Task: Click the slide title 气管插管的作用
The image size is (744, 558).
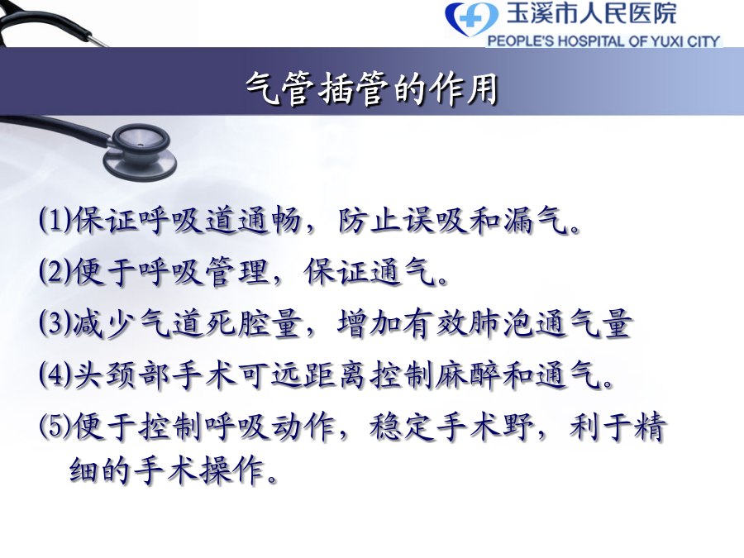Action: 371,88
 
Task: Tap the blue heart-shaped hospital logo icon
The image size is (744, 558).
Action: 472,19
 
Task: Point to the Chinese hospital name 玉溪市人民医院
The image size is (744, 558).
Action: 591,12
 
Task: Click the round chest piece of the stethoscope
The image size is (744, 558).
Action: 140,152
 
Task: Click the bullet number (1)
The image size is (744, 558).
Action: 55,220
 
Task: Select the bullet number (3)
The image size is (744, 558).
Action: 55,322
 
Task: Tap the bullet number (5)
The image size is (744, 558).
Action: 55,426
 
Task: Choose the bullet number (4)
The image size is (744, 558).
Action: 55,374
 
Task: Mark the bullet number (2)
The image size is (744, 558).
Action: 55,271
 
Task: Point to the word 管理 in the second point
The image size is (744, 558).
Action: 237,272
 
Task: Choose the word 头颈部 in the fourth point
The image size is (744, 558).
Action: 122,375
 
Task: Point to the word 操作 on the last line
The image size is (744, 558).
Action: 232,470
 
